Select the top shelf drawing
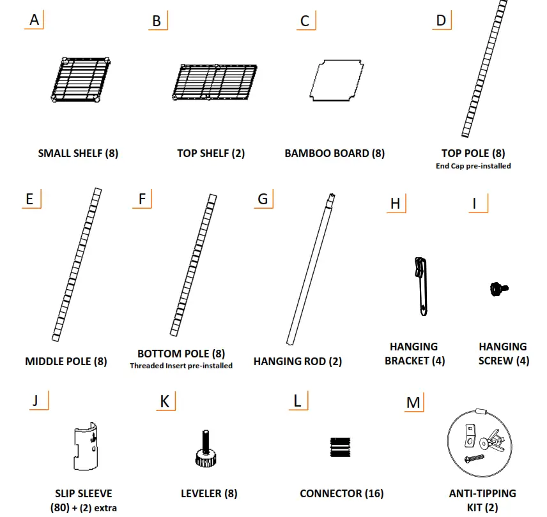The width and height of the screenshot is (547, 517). coord(215,82)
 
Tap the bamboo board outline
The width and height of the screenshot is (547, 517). coord(337,81)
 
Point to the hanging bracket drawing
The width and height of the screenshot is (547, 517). coord(420,286)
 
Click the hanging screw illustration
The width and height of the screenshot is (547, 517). coord(498,290)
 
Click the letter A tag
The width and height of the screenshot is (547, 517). coord(35,20)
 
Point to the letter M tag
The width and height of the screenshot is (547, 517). coord(413,403)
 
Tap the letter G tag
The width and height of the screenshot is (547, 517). coord(262,199)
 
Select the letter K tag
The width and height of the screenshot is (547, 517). coord(164,401)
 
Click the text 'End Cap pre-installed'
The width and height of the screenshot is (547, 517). coord(473,166)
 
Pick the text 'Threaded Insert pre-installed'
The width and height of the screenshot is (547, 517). coord(181,366)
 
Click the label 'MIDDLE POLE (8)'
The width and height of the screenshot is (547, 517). coord(66,361)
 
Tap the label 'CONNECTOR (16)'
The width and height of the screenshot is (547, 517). coord(341,493)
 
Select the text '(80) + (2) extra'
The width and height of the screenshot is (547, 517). coord(83,508)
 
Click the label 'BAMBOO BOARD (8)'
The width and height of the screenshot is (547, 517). coord(335,153)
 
